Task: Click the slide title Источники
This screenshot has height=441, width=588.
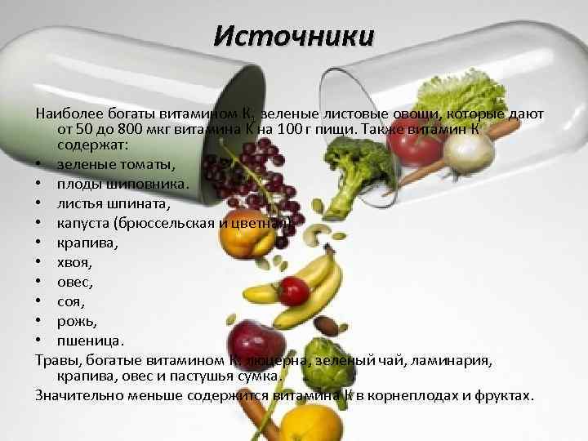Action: coord(293,37)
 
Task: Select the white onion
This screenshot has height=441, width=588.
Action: coord(470,147)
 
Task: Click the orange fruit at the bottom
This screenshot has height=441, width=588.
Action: coord(310,422)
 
